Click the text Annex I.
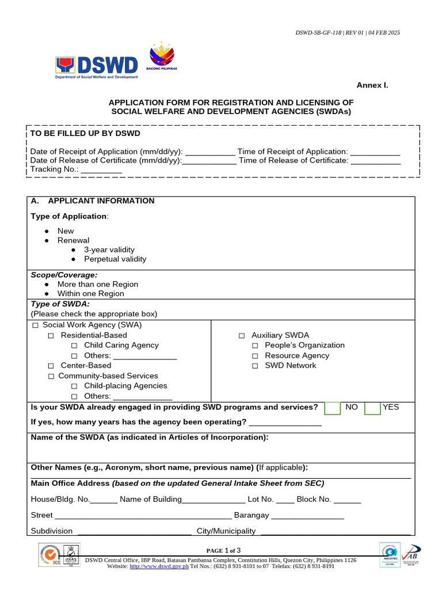tap(372, 85)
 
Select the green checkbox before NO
tap(333, 408)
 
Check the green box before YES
tap(372, 408)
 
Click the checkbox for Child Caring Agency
tap(74, 346)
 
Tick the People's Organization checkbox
tap(255, 346)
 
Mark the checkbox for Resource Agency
tap(255, 356)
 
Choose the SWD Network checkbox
tap(255, 366)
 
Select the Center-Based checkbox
tap(51, 366)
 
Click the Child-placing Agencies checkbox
tap(74, 386)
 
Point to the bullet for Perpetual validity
tap(74, 259)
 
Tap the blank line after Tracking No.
tap(101, 171)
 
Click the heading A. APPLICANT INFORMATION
tap(93, 201)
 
